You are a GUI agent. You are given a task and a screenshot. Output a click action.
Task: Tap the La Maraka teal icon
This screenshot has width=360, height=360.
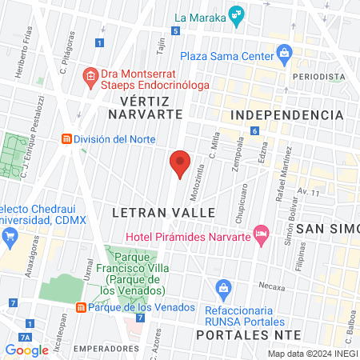pyautogui.click(x=235, y=14)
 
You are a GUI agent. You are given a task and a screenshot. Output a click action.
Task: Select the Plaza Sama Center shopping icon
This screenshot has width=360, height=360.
pyautogui.click(x=283, y=54)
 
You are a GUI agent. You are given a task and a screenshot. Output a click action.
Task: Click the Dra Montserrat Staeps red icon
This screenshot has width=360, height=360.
pyautogui.click(x=90, y=78)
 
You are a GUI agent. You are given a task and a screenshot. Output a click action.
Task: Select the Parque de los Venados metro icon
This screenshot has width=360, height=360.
pyautogui.click(x=81, y=307)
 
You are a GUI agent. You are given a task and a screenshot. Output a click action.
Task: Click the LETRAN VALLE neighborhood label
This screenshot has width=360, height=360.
pyautogui.click(x=164, y=213)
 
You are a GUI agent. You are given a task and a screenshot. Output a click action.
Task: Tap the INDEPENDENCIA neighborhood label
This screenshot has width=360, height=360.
pyautogui.click(x=286, y=115)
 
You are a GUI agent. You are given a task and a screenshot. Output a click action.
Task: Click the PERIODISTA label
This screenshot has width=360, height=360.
pyautogui.click(x=318, y=76)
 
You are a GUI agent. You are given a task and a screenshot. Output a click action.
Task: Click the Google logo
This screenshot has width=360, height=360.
pyautogui.click(x=26, y=349)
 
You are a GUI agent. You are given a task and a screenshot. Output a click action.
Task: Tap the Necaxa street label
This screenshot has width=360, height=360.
pyautogui.click(x=271, y=285)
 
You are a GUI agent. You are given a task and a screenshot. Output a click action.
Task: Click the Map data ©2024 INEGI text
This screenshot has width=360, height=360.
pyautogui.click(x=312, y=354)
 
